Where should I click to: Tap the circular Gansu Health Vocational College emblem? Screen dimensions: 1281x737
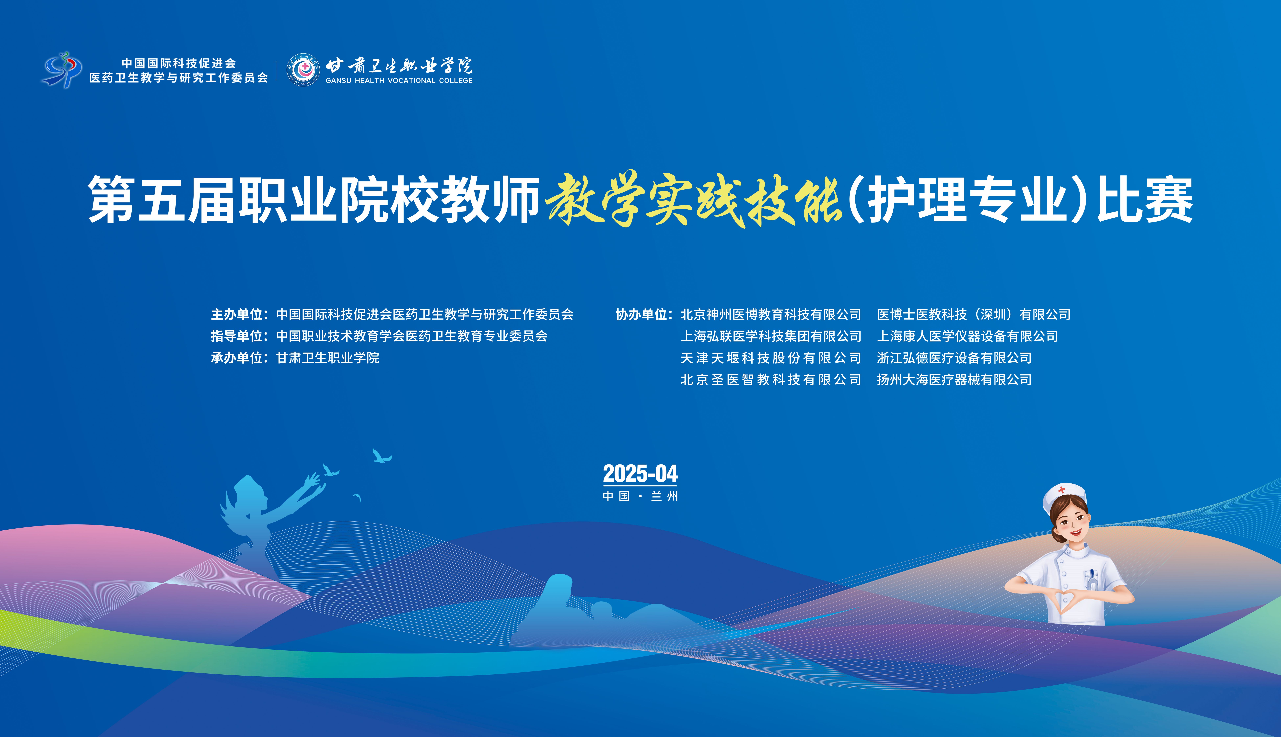click(x=303, y=70)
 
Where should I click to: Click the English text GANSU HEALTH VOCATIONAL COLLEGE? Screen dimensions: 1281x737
click(x=399, y=80)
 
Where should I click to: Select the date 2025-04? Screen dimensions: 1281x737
click(x=640, y=474)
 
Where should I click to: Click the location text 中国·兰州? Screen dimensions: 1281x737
click(x=640, y=496)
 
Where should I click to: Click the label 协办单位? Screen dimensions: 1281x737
click(x=641, y=314)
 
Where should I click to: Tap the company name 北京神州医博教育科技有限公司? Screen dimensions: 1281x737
click(x=771, y=314)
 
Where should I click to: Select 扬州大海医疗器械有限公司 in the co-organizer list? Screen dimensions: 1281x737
click(x=954, y=380)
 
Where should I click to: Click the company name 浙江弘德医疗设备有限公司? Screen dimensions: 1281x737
click(x=954, y=358)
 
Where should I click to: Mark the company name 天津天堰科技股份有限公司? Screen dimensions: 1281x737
click(x=771, y=358)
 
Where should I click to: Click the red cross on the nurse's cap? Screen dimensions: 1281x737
click(x=1062, y=490)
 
